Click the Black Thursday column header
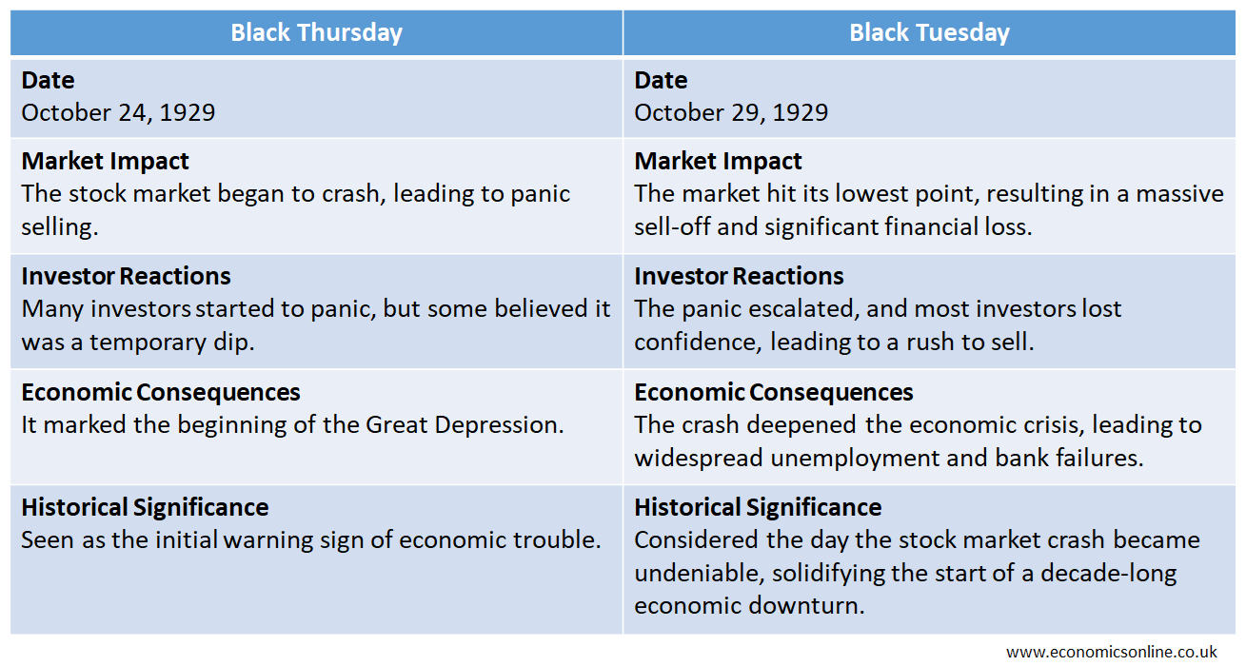click(317, 32)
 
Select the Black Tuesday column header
click(929, 32)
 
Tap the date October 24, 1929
click(118, 113)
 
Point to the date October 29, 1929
click(731, 113)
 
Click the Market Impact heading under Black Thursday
click(105, 161)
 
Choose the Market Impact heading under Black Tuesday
click(718, 161)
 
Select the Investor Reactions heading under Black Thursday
click(126, 276)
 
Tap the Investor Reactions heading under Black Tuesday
click(739, 276)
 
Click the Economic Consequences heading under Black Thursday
click(161, 393)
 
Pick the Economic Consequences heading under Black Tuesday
click(774, 393)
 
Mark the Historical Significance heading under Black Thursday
click(145, 507)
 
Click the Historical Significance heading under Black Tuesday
click(758, 507)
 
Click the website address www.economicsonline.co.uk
click(1112, 652)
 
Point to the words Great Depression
click(465, 425)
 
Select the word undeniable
click(700, 573)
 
